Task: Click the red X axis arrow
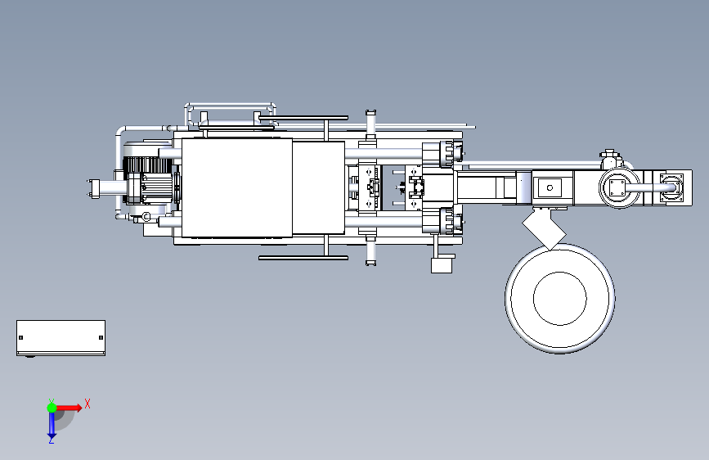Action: coord(68,408)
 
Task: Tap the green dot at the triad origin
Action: coord(52,408)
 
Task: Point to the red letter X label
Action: coord(88,404)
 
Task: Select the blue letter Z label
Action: coord(52,440)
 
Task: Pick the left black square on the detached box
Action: coord(20,337)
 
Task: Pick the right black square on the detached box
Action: coord(101,337)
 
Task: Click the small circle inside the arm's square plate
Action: coord(550,187)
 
